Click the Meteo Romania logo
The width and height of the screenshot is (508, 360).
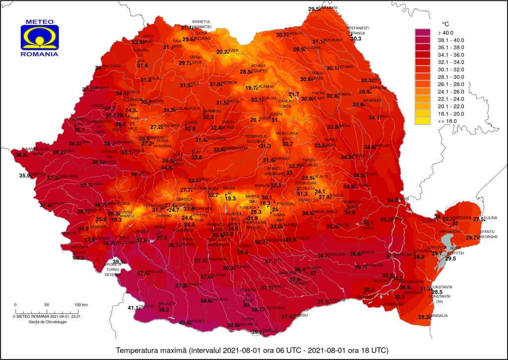(x=40, y=38)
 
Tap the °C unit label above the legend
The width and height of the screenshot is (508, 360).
(x=445, y=24)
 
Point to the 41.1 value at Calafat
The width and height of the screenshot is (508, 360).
(x=134, y=308)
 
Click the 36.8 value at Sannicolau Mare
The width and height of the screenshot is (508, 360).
(x=21, y=155)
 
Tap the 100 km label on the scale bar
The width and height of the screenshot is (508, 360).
(x=81, y=304)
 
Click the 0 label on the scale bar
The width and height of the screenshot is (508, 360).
(x=15, y=304)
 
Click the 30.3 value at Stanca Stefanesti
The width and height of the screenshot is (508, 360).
(x=356, y=39)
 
